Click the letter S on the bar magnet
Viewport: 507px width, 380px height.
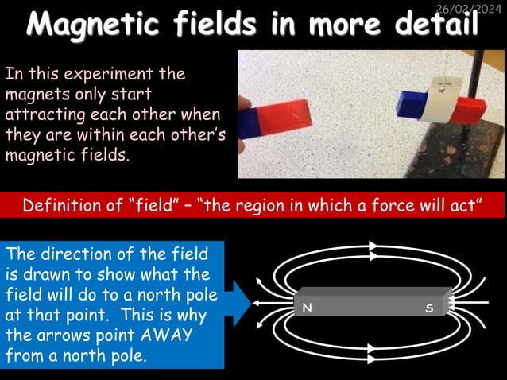(x=429, y=307)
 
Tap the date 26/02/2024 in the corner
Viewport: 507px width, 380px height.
(x=470, y=8)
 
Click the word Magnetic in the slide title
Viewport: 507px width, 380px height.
(x=101, y=25)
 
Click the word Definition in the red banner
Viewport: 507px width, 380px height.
(x=64, y=206)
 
